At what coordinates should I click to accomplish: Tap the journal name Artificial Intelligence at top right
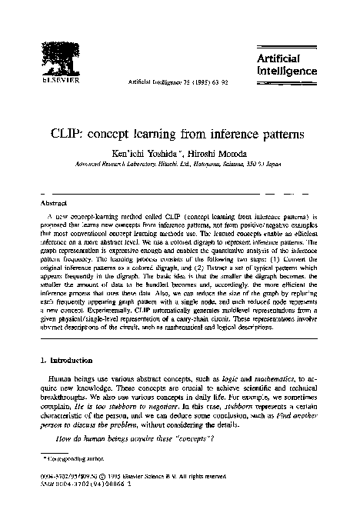tap(285, 65)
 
